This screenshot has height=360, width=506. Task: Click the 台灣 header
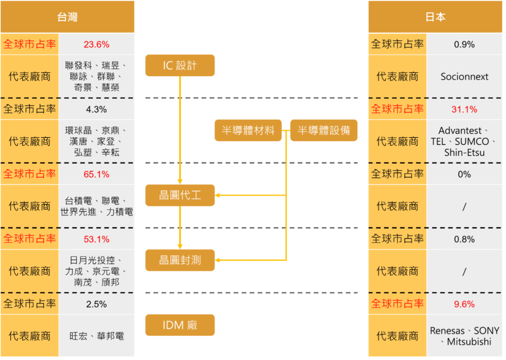click(67, 17)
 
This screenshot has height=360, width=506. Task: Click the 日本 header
click(435, 17)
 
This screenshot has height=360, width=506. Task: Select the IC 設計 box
click(180, 66)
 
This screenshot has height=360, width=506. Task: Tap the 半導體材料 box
click(248, 130)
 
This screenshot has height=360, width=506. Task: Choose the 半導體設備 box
click(324, 130)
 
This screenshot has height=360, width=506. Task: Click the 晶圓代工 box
click(180, 195)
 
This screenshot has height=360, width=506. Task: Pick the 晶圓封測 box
click(180, 260)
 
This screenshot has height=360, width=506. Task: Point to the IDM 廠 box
click(180, 325)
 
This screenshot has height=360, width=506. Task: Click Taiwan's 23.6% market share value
click(96, 44)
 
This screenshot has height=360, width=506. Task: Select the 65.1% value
click(96, 174)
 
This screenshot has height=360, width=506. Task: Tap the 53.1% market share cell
click(96, 239)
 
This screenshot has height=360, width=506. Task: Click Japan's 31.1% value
click(464, 109)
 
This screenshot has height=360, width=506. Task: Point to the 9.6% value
click(464, 304)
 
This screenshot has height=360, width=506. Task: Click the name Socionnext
click(464, 77)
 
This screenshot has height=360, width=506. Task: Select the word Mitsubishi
click(469, 342)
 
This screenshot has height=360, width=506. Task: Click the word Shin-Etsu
click(464, 152)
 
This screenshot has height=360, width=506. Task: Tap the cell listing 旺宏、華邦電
click(96, 336)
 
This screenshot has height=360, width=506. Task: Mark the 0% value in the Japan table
click(464, 174)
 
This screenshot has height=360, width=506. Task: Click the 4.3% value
click(96, 109)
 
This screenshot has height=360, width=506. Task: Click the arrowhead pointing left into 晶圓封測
click(217, 260)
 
